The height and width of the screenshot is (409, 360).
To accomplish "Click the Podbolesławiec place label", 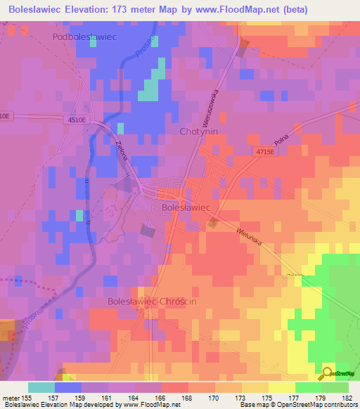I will click(84, 36).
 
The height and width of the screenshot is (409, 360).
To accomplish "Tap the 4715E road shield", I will click(266, 152).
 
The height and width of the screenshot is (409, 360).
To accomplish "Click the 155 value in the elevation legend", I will click(28, 397).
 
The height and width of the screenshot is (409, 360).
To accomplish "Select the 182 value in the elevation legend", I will click(348, 397).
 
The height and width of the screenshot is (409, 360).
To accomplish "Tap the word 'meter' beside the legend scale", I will click(11, 397).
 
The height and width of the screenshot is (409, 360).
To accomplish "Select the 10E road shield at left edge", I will click(6, 115).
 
